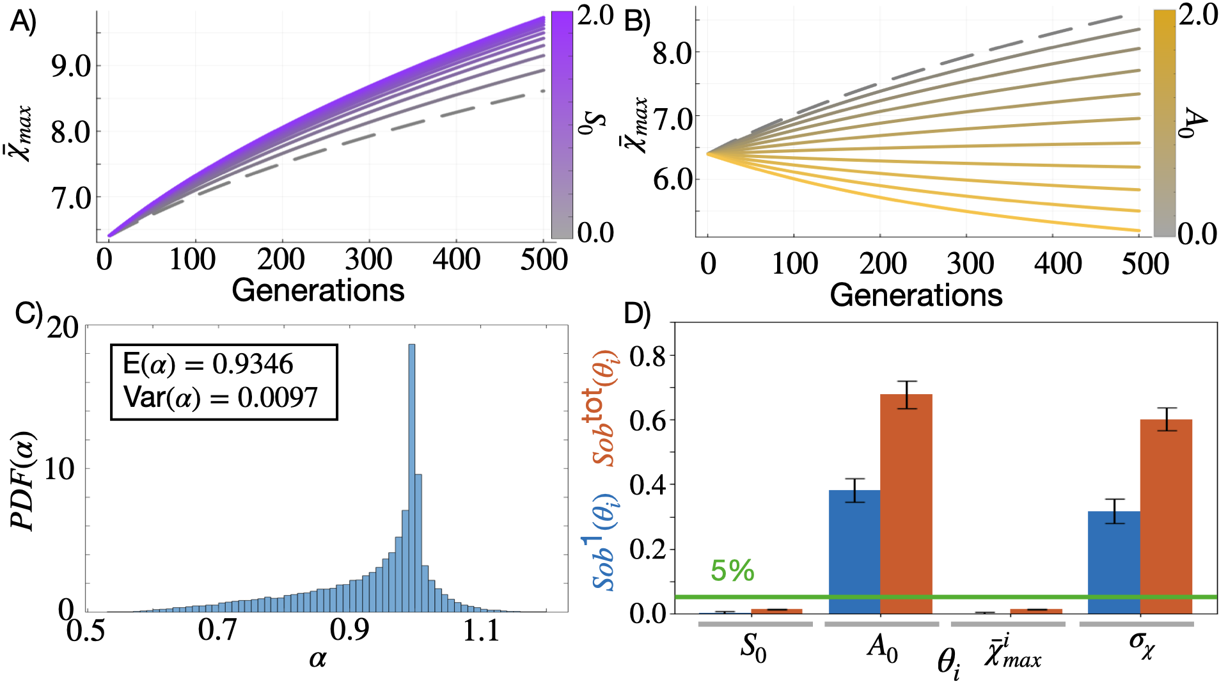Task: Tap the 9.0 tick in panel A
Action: click(71, 66)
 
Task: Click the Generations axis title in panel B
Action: click(916, 296)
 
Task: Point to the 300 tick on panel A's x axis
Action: click(368, 260)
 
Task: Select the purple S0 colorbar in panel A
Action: click(562, 125)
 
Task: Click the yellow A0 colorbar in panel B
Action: click(1164, 123)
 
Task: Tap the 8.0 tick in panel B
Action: click(672, 53)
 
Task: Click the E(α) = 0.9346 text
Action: click(208, 365)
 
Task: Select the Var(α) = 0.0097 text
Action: click(220, 398)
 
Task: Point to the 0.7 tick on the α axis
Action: click(217, 630)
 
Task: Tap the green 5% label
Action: click(732, 571)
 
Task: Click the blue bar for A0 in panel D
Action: click(854, 552)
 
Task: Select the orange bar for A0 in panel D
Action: click(906, 504)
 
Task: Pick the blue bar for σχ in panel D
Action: click(1114, 562)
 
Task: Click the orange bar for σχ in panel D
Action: click(1166, 516)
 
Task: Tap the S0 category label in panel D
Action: click(753, 648)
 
